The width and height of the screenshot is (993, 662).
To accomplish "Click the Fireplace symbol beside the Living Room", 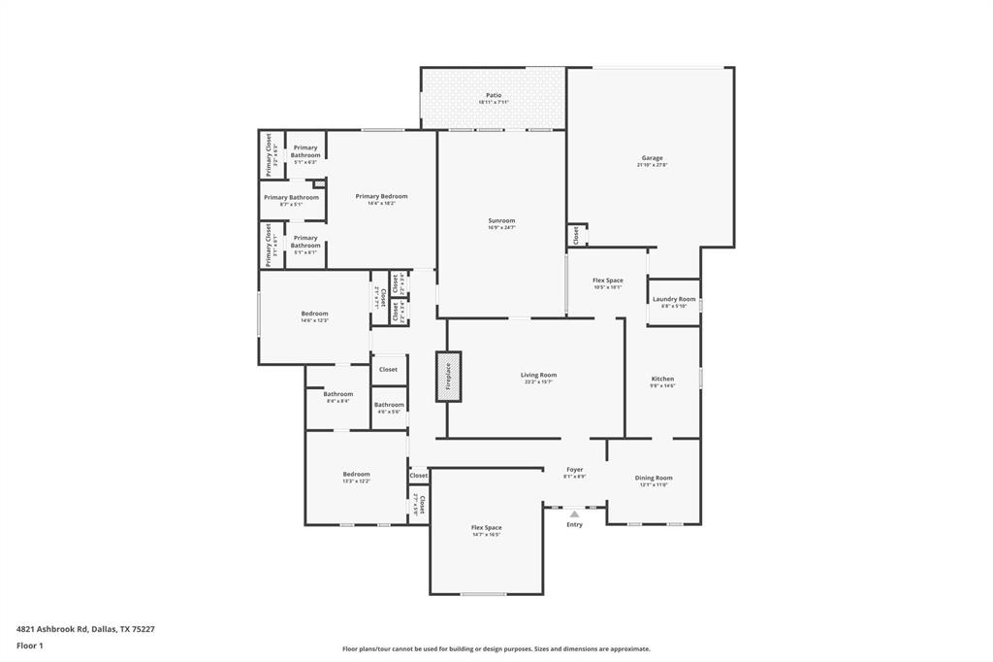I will click(x=448, y=376).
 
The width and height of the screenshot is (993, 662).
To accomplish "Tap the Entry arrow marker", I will click(x=574, y=513).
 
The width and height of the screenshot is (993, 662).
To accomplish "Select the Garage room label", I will click(x=652, y=158).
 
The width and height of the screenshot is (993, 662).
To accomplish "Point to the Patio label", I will click(x=494, y=95).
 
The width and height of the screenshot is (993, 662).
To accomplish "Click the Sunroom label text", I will click(x=500, y=220).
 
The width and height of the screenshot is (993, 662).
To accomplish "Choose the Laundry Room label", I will click(x=673, y=299).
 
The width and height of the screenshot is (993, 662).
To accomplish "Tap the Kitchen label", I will click(x=662, y=379).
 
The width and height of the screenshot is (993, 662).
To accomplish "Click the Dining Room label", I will click(x=654, y=478).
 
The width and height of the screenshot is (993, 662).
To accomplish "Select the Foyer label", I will click(x=575, y=470).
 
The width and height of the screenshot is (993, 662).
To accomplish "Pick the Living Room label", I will click(x=538, y=375).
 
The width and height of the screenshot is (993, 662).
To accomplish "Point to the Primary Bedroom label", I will click(x=381, y=196).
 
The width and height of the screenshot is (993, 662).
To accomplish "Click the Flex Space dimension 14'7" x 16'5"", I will click(x=486, y=535).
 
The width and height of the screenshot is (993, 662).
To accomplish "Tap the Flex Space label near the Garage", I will click(x=608, y=281).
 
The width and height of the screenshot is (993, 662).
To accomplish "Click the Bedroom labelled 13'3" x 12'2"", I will click(x=356, y=474).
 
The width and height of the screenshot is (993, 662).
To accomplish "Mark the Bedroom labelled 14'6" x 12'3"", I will click(x=314, y=314).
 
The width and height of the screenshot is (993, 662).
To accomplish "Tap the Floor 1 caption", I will click(x=27, y=645).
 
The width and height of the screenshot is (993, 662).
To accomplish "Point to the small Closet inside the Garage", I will click(x=576, y=235).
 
